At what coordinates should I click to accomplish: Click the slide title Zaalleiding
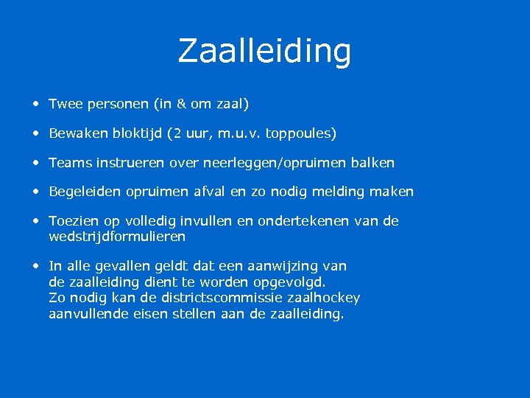click(x=264, y=51)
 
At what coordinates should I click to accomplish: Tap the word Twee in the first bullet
click(x=66, y=105)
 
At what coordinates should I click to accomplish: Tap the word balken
click(x=373, y=162)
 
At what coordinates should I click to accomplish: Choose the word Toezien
click(x=72, y=221)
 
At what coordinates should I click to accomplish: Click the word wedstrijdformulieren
click(x=117, y=237)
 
